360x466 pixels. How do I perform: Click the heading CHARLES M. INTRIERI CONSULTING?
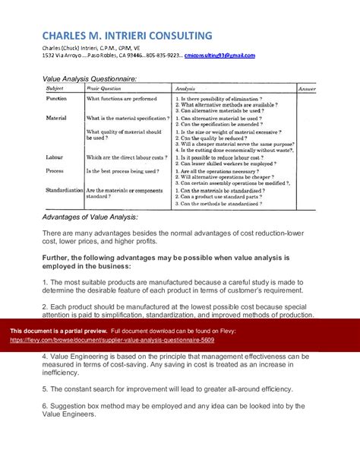(127, 36)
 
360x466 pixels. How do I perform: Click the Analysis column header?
(185, 89)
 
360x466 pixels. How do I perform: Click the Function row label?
(57, 99)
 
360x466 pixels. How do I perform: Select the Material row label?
(57, 119)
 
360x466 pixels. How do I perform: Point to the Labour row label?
(55, 157)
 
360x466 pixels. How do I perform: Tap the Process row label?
(56, 172)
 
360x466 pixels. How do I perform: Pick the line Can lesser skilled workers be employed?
(225, 163)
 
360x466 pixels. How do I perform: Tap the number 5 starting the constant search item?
(44, 388)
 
